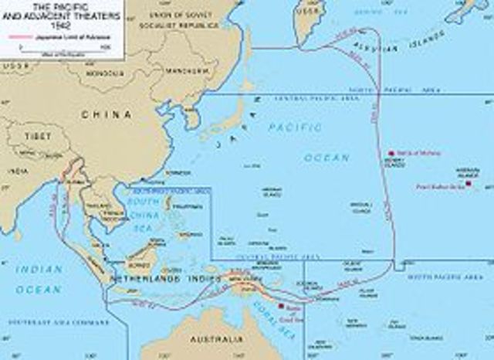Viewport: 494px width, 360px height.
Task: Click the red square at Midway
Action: [391, 153]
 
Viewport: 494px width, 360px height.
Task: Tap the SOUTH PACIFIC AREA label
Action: [438, 276]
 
